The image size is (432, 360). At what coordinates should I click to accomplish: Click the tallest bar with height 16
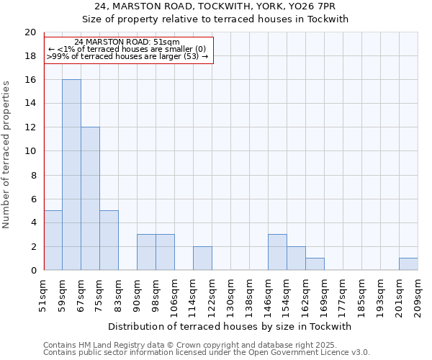tap(71, 175)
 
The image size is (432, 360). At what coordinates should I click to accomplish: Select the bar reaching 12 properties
tap(90, 199)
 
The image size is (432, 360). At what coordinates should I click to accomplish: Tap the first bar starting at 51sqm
tap(53, 240)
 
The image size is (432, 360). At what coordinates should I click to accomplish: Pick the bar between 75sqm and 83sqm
tap(109, 240)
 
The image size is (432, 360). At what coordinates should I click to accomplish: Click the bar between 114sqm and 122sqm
tap(202, 258)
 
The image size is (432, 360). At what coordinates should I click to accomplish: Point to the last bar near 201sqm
tap(408, 264)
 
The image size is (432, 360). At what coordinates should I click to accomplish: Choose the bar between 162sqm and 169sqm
tap(315, 264)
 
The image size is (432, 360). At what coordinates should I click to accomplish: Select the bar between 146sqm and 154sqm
tap(277, 253)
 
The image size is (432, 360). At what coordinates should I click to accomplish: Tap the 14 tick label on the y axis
tap(30, 104)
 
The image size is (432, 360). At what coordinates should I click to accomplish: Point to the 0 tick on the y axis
tap(32, 271)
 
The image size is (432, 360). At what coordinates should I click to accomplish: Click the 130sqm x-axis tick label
tap(230, 294)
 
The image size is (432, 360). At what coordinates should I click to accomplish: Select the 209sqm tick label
tap(418, 294)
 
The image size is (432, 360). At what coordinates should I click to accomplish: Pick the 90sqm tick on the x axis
tap(137, 294)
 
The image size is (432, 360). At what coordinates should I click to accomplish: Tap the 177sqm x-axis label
tap(343, 294)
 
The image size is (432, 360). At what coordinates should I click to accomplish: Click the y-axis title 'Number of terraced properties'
tap(7, 154)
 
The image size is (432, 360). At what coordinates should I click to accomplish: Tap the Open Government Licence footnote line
tap(207, 353)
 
